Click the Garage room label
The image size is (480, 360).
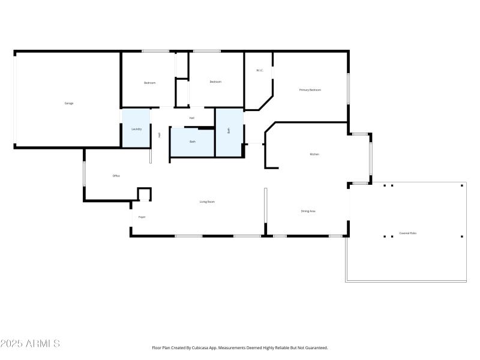pyautogui.click(x=69, y=103)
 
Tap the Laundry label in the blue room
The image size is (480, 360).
pyautogui.click(x=136, y=129)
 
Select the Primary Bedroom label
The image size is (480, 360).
pyautogui.click(x=310, y=90)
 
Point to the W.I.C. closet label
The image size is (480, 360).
pyautogui.click(x=260, y=70)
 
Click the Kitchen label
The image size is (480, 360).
pyautogui.click(x=314, y=154)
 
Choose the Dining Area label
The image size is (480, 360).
pyautogui.click(x=308, y=211)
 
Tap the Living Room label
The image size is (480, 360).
pyautogui.click(x=207, y=202)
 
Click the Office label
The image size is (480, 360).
pyautogui.click(x=116, y=176)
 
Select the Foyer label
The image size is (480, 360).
pyautogui.click(x=142, y=217)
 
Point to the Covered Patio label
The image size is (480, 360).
pyautogui.click(x=408, y=233)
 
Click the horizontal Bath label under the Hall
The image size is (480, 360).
pyautogui.click(x=193, y=142)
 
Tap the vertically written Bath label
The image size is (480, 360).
pyautogui.click(x=229, y=130)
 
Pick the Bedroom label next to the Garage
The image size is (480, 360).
pyautogui.click(x=149, y=83)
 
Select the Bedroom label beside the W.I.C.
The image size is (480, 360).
pyautogui.click(x=215, y=82)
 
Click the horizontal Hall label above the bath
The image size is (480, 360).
pyautogui.click(x=192, y=118)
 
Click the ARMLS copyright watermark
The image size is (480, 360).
pyautogui.click(x=30, y=344)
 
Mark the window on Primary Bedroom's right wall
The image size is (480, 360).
pyautogui.click(x=348, y=89)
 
